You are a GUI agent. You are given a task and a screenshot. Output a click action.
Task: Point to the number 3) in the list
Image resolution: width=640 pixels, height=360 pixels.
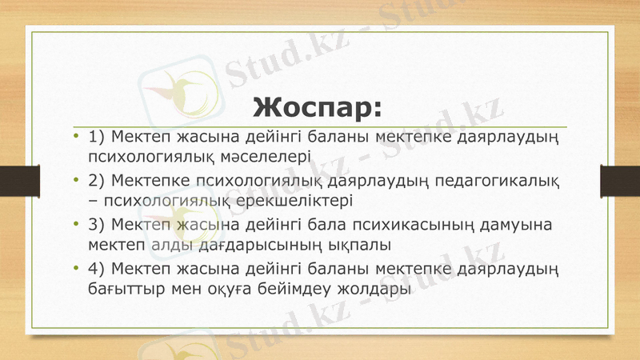tap(98, 222)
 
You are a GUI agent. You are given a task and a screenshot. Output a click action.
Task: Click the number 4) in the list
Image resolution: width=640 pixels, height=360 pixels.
tap(98, 266)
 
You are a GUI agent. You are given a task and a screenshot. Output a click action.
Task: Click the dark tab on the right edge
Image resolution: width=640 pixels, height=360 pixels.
tap(625, 180)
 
